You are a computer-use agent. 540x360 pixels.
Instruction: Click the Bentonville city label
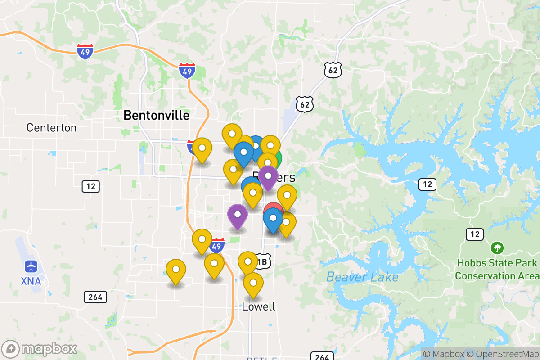click(156, 115)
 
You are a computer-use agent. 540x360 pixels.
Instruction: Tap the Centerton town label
click(51, 127)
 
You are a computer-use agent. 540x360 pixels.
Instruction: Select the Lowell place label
click(258, 306)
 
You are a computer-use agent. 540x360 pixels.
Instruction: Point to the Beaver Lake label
click(362, 276)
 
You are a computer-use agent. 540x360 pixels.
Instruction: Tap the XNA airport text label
click(31, 281)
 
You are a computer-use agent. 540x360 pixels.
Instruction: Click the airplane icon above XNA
click(31, 266)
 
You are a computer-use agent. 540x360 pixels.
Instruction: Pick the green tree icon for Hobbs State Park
click(497, 247)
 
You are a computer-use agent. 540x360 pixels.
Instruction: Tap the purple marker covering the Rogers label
click(268, 176)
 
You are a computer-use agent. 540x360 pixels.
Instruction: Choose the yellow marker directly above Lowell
click(253, 283)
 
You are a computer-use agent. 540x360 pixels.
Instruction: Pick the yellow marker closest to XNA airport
click(176, 270)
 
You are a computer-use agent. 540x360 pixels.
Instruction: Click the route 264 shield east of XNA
click(95, 297)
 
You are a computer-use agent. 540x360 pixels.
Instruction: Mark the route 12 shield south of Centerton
click(91, 186)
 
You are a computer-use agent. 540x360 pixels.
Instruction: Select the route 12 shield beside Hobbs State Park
click(475, 234)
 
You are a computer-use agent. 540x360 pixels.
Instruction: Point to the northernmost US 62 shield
click(333, 70)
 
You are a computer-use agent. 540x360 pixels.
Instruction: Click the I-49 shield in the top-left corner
click(85, 52)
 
